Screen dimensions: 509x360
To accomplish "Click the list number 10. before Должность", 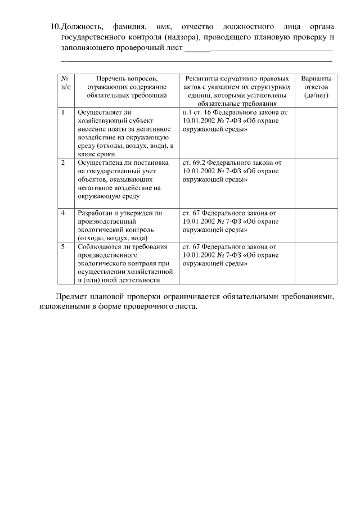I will click(x=55, y=27).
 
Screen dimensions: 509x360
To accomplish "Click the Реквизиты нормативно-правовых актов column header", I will click(x=237, y=91).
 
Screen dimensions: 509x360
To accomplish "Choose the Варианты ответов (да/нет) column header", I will click(x=316, y=87).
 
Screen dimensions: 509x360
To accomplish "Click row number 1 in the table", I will click(x=64, y=112).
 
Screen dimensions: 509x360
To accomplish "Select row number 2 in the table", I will click(x=64, y=163).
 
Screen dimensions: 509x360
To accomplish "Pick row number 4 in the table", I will click(x=64, y=214).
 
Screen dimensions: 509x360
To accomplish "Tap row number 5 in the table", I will click(x=64, y=246).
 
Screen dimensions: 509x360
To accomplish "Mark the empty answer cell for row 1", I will click(x=316, y=133).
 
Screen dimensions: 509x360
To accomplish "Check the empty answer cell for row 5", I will click(x=316, y=263).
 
